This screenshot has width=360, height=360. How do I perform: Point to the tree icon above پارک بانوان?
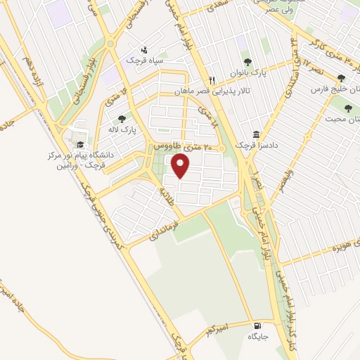[x=245, y=61]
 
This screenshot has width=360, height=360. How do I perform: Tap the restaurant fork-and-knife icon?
[x=211, y=79]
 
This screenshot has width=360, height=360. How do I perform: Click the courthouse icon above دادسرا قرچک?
[x=255, y=134]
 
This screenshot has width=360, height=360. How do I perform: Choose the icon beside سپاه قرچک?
[x=144, y=49]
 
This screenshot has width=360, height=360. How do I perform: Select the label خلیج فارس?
[x=334, y=91]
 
